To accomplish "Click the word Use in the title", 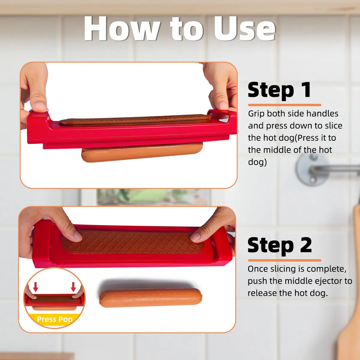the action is (244, 28).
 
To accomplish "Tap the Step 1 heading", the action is (279, 90).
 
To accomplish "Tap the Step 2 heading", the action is (280, 245).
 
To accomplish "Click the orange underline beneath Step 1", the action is (284, 105).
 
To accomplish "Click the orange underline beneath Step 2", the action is (284, 260).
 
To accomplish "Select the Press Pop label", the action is (55, 319).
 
